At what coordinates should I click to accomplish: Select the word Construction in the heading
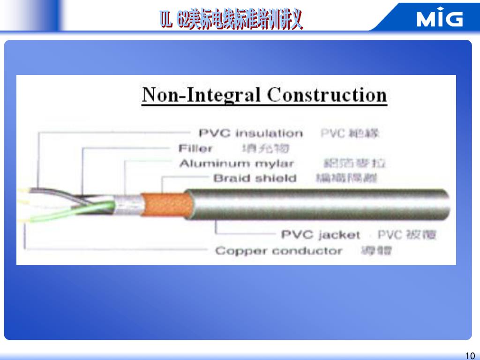[327, 95]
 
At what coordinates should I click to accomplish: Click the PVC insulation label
[251, 133]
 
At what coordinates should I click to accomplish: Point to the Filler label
[195, 149]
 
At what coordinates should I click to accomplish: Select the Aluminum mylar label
[237, 164]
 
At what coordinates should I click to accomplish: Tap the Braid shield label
[255, 179]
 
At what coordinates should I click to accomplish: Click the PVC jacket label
[320, 235]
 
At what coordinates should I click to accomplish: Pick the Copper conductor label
[278, 251]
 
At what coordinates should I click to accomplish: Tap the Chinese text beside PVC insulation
[350, 133]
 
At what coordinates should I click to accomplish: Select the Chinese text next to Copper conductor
[376, 251]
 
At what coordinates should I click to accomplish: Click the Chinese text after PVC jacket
[407, 235]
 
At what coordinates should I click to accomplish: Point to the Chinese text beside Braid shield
[347, 179]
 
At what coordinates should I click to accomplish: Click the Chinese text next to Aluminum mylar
[355, 164]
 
